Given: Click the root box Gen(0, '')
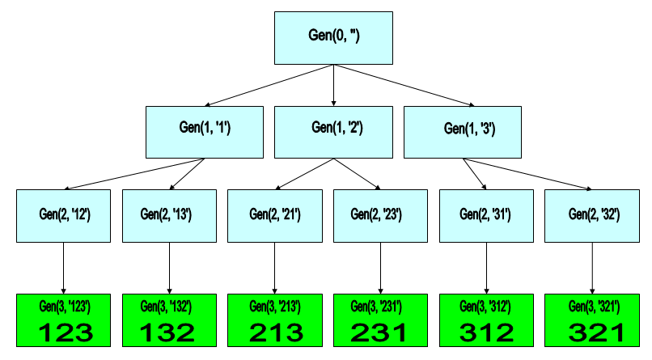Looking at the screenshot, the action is [333, 38].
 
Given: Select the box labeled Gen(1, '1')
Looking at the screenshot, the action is [205, 132].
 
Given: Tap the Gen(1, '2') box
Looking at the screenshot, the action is [333, 132].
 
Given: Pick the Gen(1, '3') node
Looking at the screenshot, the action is [463, 132].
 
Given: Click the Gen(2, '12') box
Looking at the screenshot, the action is [64, 216].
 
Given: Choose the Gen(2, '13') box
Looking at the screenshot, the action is [169, 216].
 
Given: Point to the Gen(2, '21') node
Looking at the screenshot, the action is [275, 216].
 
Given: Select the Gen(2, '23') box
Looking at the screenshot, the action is [380, 216].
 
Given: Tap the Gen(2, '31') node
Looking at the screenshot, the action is [486, 216].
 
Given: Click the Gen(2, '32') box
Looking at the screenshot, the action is [592, 216].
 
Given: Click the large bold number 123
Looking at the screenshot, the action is [66, 333].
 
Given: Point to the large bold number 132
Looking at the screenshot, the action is [167, 333].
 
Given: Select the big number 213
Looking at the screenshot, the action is [277, 333].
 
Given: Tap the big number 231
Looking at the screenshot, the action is [379, 333].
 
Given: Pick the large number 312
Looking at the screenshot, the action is [486, 333].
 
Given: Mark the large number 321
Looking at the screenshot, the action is [596, 333].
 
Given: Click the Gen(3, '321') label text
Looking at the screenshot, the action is [595, 307].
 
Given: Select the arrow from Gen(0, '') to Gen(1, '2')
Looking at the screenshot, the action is [333, 85].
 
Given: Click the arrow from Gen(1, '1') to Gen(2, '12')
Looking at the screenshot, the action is [134, 174].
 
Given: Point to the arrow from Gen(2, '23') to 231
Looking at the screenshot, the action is [380, 268].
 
